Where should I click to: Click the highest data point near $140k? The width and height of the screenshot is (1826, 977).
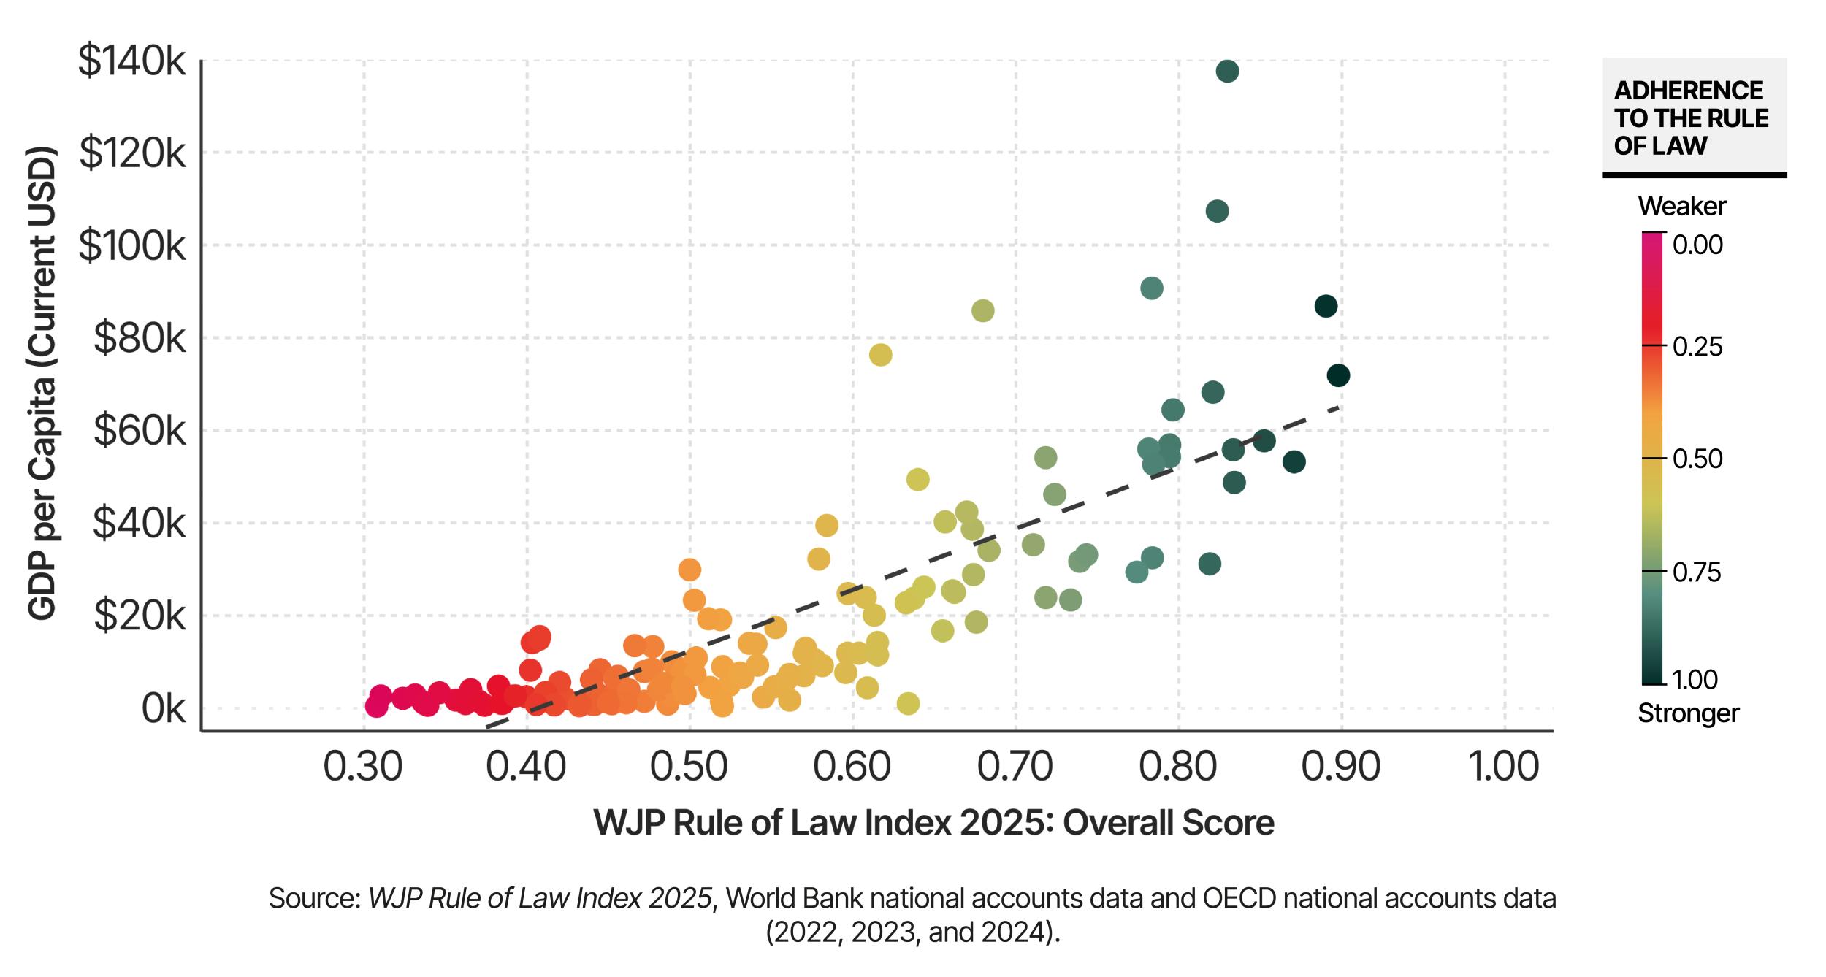(x=1227, y=72)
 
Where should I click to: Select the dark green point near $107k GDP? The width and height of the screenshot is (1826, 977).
(x=1217, y=212)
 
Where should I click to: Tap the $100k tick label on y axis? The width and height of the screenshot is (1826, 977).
(x=132, y=246)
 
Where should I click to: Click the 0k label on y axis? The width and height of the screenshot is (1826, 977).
(x=163, y=709)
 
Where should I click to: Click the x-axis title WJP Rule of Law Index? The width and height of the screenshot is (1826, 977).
(x=934, y=823)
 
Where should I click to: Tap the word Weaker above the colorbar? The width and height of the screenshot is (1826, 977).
(x=1681, y=207)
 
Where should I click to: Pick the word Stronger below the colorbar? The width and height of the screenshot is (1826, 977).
(x=1688, y=713)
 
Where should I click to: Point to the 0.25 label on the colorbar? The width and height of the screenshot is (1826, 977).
(x=1697, y=346)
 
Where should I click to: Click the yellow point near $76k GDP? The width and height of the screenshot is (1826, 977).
(x=880, y=356)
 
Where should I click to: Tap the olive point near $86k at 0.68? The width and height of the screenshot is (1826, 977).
(x=983, y=311)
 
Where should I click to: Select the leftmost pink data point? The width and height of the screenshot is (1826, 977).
(x=375, y=706)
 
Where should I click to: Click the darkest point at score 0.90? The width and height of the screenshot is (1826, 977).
(x=1338, y=376)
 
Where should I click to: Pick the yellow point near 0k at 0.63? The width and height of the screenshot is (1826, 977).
(x=908, y=704)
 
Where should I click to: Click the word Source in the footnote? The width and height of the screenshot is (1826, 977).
(x=314, y=898)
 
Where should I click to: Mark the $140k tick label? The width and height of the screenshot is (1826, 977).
(x=132, y=61)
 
